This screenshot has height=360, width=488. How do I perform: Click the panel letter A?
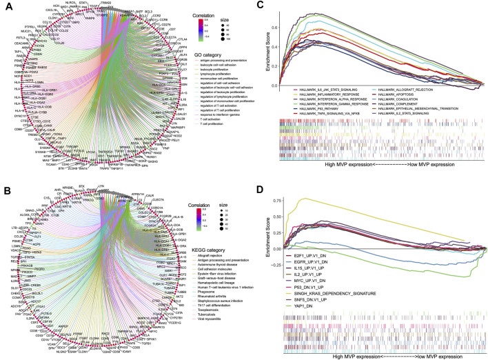tap(5, 6)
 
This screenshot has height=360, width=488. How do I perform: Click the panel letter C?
tap(261, 6)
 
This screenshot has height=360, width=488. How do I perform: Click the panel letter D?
tap(261, 186)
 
